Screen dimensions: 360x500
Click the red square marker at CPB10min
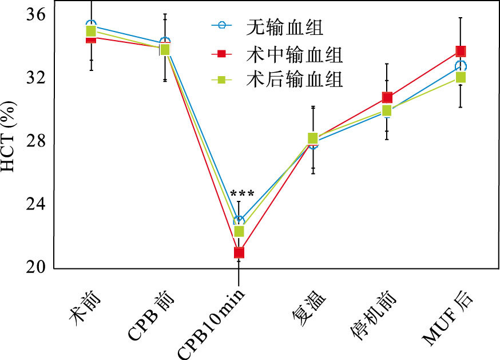tap(239, 252)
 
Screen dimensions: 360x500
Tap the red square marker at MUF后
tap(461, 51)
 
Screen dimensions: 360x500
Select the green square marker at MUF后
tap(461, 77)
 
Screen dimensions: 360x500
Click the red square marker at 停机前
tap(387, 97)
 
